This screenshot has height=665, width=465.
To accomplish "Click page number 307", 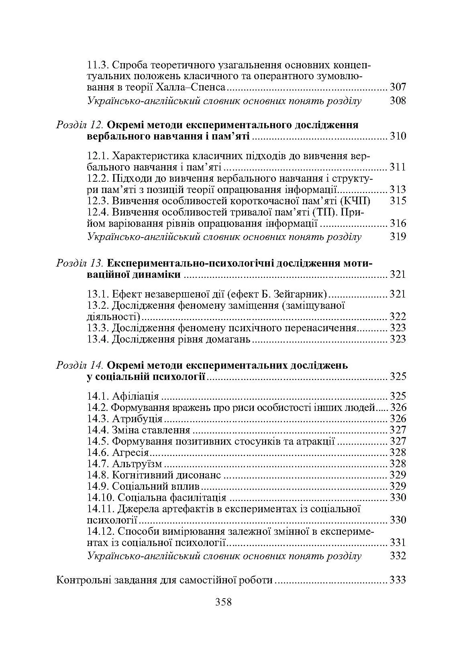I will (398, 87).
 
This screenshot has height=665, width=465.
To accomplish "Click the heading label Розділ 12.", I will (80, 125).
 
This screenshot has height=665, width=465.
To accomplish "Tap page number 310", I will (398, 136).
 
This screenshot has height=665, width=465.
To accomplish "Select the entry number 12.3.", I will (98, 201).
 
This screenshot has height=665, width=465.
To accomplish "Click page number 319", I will (398, 236).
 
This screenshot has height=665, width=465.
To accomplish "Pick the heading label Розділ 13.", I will (80, 263).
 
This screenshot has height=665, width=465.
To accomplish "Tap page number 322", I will (398, 316).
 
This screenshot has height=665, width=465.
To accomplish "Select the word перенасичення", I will (324, 328).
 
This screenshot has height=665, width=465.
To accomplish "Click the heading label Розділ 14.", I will (80, 365).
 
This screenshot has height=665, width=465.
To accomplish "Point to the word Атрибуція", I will (137, 419).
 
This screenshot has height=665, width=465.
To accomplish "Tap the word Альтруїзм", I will (137, 464).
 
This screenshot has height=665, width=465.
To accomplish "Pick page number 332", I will (398, 556).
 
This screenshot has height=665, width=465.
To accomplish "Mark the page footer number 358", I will (224, 602).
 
